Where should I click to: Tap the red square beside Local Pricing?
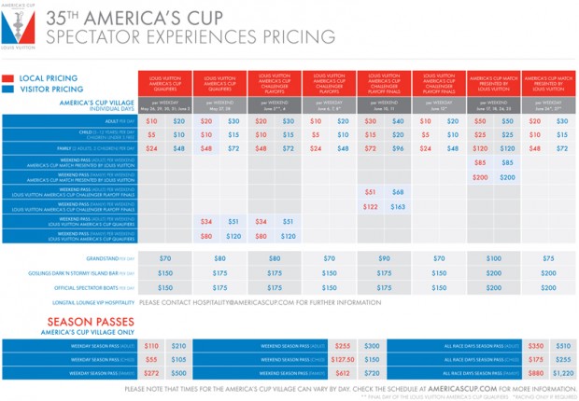(x=7, y=80)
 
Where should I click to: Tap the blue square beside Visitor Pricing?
(x=7, y=90)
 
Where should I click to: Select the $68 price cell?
(x=398, y=191)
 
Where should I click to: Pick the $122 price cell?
(x=371, y=206)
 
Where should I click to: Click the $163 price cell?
(x=398, y=206)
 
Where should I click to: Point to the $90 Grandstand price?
(x=384, y=257)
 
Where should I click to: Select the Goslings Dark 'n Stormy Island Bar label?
(x=87, y=273)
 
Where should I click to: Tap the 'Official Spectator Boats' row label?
(x=93, y=288)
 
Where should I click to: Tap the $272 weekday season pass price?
(x=151, y=372)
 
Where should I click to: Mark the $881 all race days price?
(x=535, y=372)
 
